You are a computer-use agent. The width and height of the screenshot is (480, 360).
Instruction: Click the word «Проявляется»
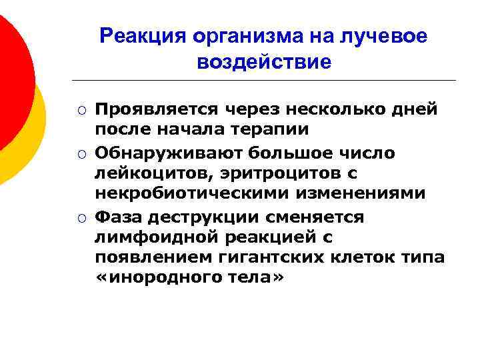pyautogui.click(x=159, y=109)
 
